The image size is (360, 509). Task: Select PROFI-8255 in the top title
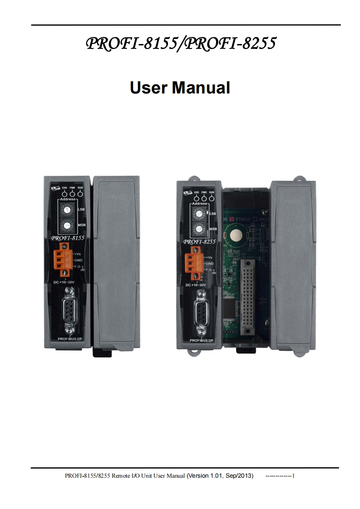(231, 44)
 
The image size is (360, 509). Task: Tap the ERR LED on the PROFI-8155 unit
(64, 194)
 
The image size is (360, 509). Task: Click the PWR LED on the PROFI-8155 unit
(72, 194)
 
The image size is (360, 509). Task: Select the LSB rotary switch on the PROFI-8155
(67, 210)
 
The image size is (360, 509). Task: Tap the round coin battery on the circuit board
(237, 235)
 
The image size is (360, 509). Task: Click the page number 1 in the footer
(294, 476)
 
